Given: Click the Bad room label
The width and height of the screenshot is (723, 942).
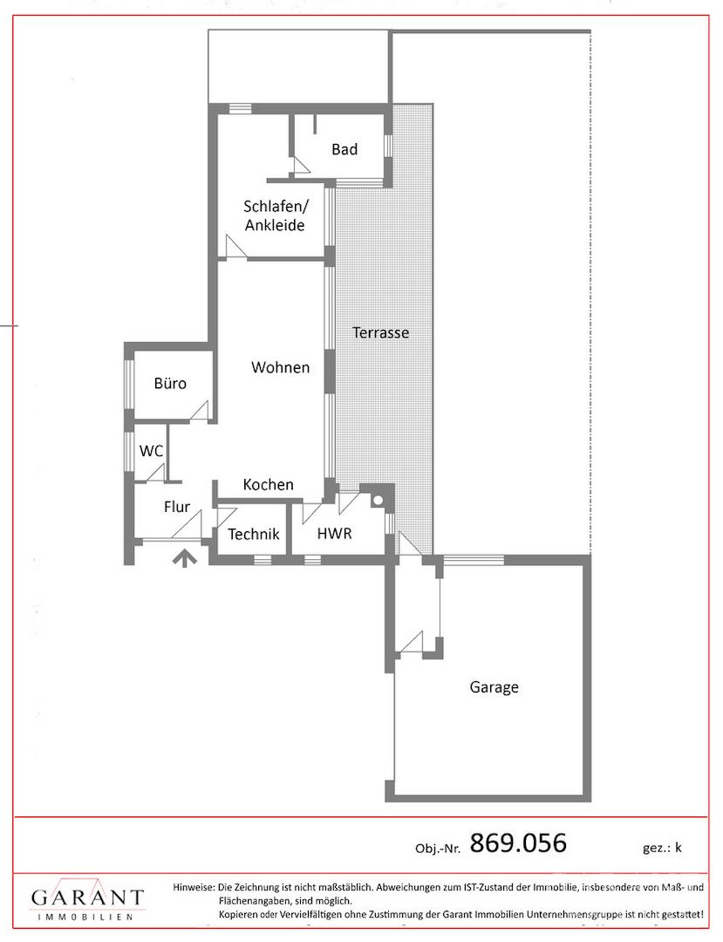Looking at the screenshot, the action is coord(344,149).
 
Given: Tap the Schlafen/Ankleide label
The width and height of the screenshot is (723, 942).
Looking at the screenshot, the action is coord(275,215).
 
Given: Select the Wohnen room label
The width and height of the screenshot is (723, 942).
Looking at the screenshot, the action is coord(281,367).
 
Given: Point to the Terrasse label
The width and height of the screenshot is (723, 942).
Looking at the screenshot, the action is coord(381,332).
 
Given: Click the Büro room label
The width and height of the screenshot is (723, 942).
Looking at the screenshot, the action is coord(171,383).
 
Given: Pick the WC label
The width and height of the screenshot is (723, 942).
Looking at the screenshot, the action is coord(151,451).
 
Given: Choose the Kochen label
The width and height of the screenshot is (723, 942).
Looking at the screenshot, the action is coord(269,484).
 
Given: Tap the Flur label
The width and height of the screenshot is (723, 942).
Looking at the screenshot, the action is coord(177,507).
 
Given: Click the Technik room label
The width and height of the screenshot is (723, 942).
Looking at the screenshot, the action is coord(254,534).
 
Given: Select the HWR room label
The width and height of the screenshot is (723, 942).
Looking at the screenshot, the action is coord(335,533).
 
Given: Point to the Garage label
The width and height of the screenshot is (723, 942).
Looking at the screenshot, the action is coord(495,687).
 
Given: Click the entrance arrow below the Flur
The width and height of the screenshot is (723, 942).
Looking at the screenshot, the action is coord(185,559).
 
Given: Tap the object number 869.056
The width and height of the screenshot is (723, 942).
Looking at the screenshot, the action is coord(518,843).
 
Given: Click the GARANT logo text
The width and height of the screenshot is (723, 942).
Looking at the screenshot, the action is coord(88,898).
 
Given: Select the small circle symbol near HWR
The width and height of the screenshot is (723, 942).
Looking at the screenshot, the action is coord(379,499).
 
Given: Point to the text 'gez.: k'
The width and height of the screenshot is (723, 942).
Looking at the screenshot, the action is coord(662,848).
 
